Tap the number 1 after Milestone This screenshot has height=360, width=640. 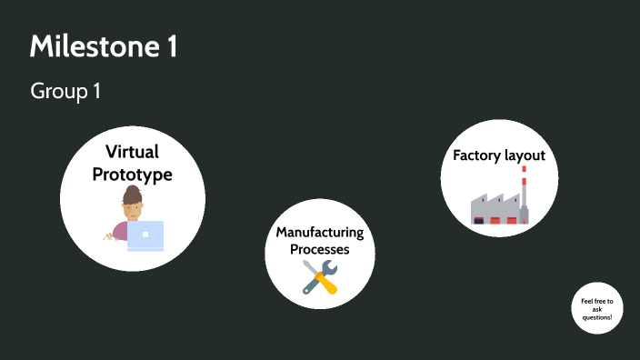(x=171, y=47)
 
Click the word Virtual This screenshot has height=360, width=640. (x=133, y=152)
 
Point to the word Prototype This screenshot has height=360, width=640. (x=133, y=174)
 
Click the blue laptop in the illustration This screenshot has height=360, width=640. (x=145, y=235)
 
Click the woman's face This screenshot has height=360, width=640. (x=134, y=210)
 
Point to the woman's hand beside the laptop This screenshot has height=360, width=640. (x=110, y=236)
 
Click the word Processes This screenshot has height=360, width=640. (x=319, y=249)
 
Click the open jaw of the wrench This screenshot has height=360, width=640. (x=330, y=265)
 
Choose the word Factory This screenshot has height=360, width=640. (x=476, y=155)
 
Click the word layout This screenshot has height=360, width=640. (x=525, y=155)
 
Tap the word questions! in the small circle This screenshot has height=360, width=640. (x=597, y=317)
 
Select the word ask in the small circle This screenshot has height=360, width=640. (x=597, y=309)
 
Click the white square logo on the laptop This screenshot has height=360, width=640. (x=145, y=235)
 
